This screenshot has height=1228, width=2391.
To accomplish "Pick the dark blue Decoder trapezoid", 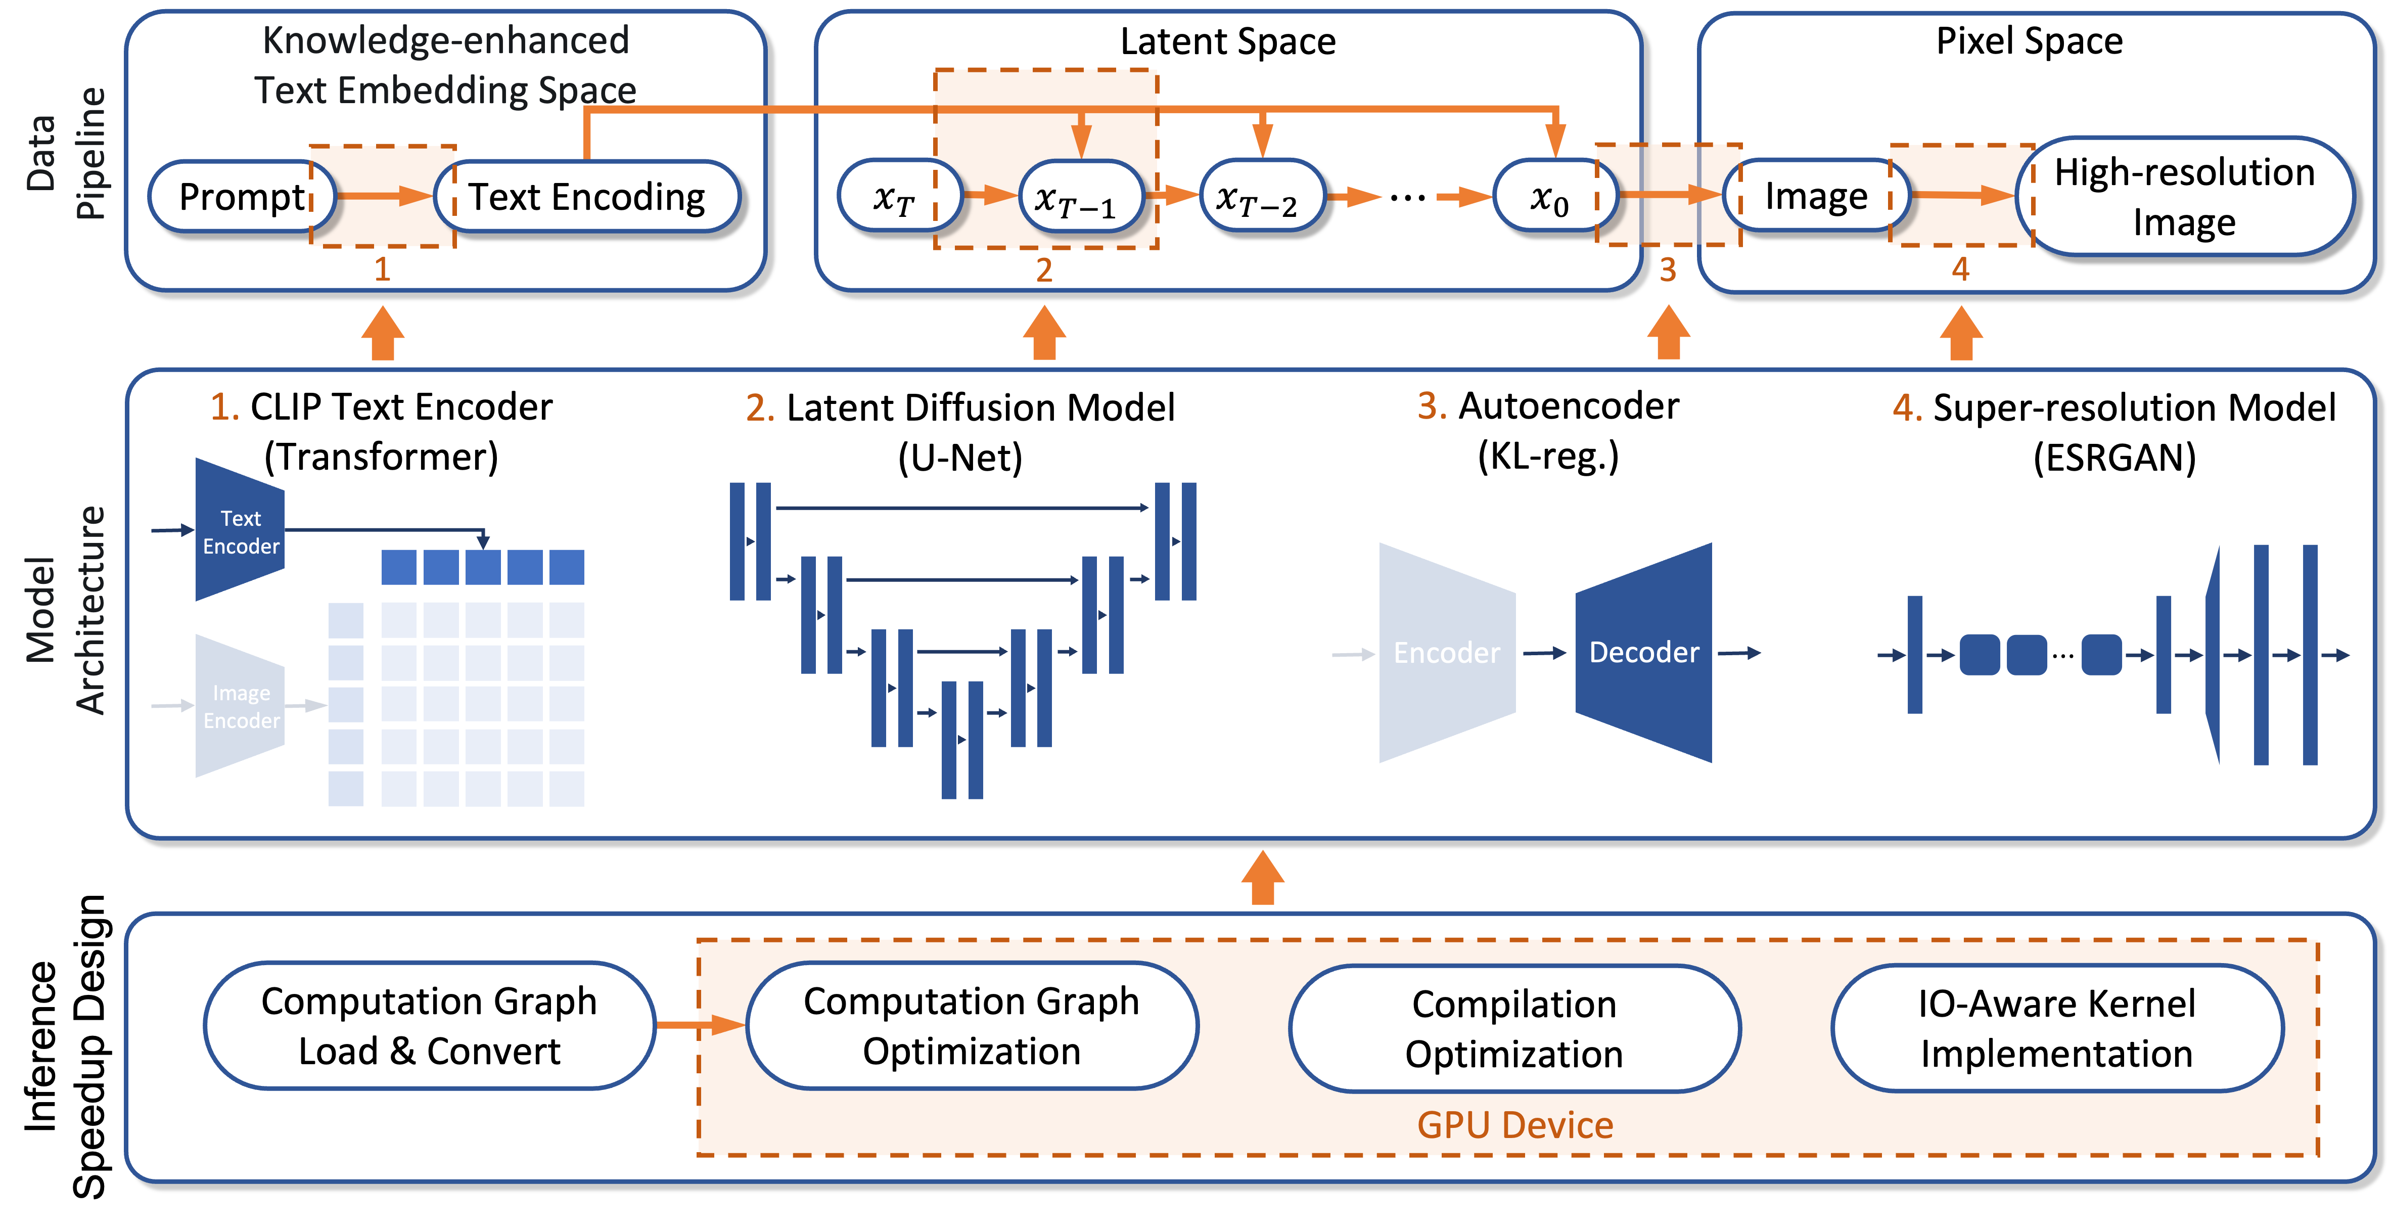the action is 1644,653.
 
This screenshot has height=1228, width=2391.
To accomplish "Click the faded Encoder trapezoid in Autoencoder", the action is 1447,653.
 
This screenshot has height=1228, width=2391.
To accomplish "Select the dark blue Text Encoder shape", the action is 240,530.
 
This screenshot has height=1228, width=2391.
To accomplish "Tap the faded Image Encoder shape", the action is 240,705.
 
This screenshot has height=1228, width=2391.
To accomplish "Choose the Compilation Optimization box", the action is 1514,1028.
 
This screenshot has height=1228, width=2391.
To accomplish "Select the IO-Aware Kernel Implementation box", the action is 2057,1028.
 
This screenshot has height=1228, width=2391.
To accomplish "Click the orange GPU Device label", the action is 1515,1125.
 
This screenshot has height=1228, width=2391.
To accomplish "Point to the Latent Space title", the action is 1228,42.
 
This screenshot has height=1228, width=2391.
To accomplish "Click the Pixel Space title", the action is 2029,41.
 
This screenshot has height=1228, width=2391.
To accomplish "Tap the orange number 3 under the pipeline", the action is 1668,270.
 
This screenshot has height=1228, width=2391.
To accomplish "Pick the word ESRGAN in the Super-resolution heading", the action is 2114,458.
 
